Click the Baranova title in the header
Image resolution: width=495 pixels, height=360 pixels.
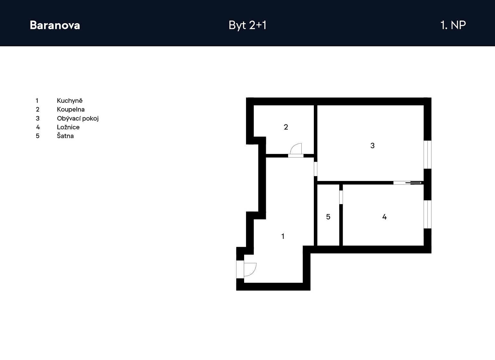(55, 25)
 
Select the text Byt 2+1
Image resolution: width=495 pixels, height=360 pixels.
(247, 25)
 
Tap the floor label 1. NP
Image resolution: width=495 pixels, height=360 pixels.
(453, 25)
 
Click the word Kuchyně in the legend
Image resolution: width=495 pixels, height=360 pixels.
(70, 101)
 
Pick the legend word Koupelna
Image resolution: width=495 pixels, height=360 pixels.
(71, 110)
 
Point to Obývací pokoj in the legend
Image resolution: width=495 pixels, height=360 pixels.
(78, 119)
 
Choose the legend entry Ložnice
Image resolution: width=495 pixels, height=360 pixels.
(68, 127)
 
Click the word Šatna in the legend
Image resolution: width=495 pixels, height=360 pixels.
(65, 136)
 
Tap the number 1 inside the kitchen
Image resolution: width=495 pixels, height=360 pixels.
(283, 236)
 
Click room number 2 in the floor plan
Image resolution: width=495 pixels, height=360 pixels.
(286, 127)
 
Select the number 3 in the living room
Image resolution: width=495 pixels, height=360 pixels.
(372, 146)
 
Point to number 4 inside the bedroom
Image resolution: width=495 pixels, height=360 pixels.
(385, 217)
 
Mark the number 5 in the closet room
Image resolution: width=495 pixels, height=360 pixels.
(328, 217)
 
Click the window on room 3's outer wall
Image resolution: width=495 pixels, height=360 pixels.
(428, 155)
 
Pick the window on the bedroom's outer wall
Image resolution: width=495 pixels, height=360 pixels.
(428, 214)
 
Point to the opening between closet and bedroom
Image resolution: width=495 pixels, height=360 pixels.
(341, 197)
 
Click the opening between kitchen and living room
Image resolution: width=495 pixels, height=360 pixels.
(315, 169)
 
